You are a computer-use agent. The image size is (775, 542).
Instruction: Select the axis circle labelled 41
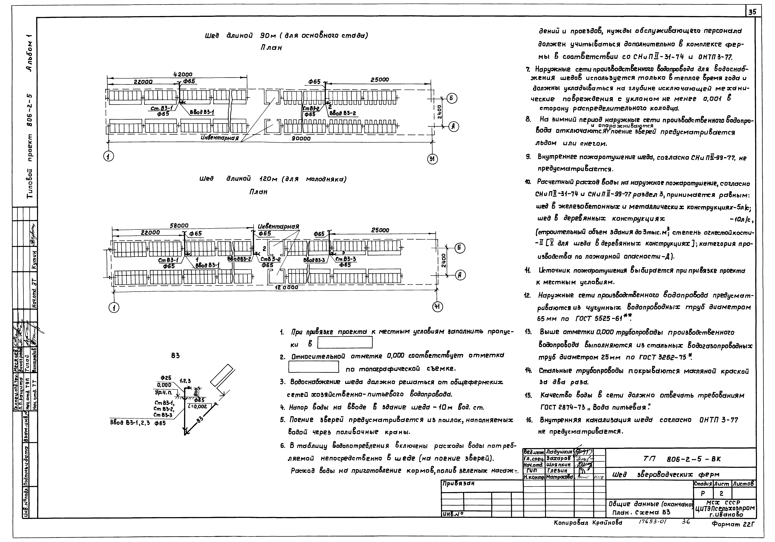[x=437, y=307]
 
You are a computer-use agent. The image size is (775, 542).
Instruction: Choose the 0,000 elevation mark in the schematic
[x=164, y=385]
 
